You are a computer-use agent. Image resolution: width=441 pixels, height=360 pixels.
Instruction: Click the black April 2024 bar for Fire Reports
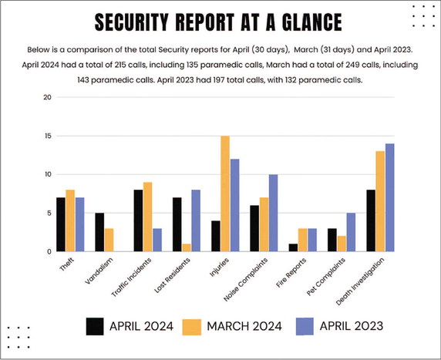[293, 247]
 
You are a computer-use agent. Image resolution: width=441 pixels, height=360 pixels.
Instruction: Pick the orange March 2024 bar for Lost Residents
[187, 247]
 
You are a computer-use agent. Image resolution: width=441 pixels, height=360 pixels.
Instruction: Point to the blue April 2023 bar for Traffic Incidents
[157, 240]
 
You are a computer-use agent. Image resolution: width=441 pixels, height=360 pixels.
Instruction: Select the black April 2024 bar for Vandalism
[99, 232]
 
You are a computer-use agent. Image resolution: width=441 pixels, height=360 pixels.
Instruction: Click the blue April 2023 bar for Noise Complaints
[273, 213]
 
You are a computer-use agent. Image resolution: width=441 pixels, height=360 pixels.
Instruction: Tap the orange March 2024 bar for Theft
[71, 220]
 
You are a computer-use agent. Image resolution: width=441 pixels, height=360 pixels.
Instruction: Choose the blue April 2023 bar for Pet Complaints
[352, 232]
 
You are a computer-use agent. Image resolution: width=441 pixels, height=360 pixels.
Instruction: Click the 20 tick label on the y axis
[47, 97]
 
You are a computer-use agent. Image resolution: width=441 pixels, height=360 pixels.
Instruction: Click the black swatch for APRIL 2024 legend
[94, 325]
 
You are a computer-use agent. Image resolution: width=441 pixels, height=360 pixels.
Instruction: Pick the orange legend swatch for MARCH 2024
[194, 325]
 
